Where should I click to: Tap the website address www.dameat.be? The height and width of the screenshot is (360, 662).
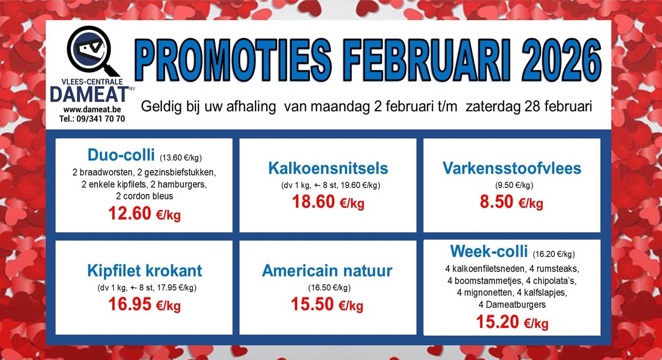(x=92, y=110)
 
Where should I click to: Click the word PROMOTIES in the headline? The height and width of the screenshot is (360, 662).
(x=233, y=61)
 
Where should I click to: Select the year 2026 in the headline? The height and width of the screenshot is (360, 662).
(x=562, y=61)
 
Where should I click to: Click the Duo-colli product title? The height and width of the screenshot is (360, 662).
(x=121, y=155)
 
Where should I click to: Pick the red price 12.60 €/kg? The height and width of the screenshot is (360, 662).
(x=144, y=213)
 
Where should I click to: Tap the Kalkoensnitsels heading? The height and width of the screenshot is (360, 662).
(x=328, y=168)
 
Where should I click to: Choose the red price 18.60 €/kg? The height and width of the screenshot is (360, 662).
(x=328, y=202)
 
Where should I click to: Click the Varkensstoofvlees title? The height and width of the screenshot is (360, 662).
(x=512, y=168)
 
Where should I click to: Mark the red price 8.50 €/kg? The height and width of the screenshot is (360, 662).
(x=511, y=202)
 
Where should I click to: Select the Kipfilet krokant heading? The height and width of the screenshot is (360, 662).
(x=144, y=271)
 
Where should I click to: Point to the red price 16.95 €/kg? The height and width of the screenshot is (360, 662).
(x=144, y=304)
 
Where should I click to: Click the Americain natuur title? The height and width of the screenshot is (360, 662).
(x=327, y=271)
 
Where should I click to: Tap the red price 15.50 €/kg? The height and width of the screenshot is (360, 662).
(x=327, y=304)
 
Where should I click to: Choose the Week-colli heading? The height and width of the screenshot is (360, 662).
(x=489, y=251)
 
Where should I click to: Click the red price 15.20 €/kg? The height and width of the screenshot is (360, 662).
(x=512, y=322)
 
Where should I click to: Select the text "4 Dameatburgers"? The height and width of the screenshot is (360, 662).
(x=512, y=304)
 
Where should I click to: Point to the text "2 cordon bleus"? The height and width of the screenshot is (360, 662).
(x=144, y=196)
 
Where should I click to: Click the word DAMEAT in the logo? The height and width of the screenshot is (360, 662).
(x=89, y=94)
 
